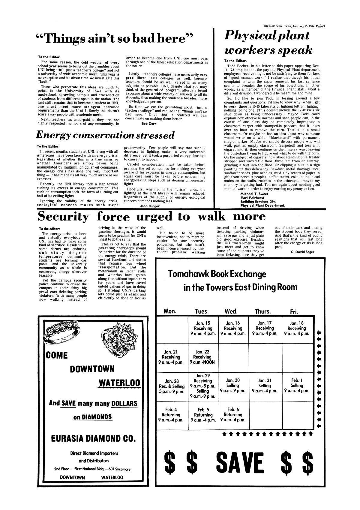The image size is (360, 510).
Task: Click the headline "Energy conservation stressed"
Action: pos(105,135)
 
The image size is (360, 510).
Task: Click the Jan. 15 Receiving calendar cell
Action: pos(203,328)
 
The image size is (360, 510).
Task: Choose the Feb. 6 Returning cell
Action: pos(233,415)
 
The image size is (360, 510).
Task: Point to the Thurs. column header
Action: pos(263,311)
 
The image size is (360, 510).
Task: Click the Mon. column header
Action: pos(170,311)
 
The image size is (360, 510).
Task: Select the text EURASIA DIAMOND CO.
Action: pos(93,439)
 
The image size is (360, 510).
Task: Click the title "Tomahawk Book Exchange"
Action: pos(217,274)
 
